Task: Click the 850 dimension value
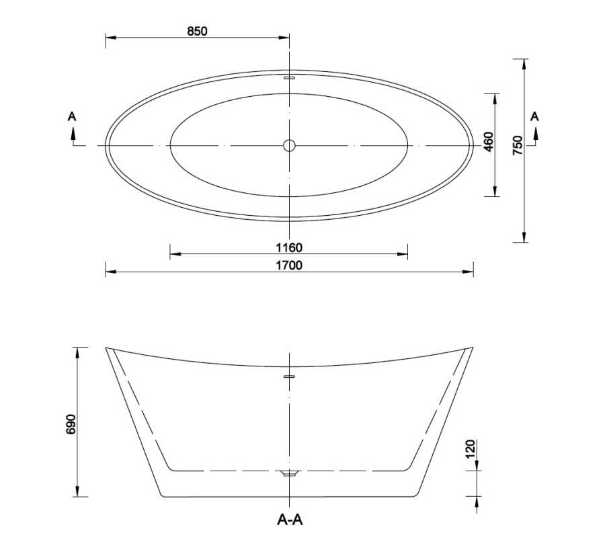click(198, 30)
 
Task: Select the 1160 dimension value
click(289, 247)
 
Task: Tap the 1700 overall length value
click(289, 265)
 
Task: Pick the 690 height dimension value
click(73, 425)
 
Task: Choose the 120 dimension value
click(470, 448)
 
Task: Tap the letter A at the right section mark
click(535, 116)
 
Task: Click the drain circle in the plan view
click(289, 145)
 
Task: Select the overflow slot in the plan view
click(289, 78)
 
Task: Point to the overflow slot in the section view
click(289, 376)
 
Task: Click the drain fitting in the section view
click(289, 474)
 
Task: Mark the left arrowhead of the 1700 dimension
click(110, 272)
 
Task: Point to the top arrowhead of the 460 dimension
click(495, 97)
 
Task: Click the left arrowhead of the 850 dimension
click(110, 37)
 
